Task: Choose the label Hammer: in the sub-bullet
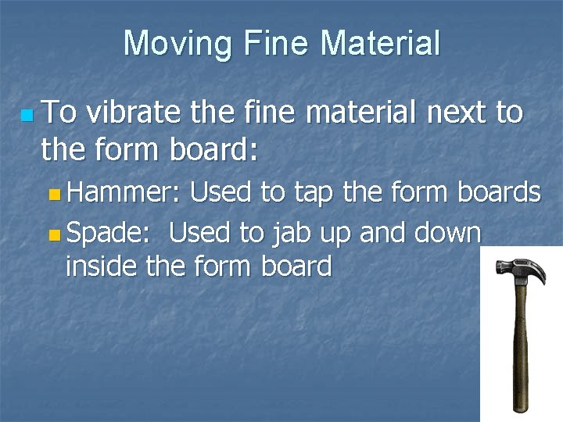(x=124, y=191)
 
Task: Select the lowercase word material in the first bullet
(x=361, y=113)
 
